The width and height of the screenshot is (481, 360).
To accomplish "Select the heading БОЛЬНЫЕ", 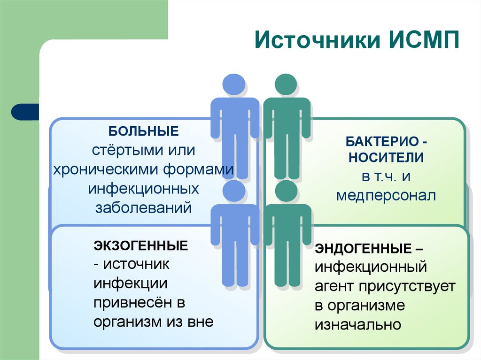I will click(x=144, y=130).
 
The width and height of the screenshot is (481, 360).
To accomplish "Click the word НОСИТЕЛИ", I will click(x=386, y=158).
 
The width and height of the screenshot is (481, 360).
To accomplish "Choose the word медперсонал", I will click(x=386, y=195).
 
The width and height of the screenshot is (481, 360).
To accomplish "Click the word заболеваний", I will click(x=144, y=207).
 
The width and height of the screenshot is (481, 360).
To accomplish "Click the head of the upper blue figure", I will click(x=234, y=84).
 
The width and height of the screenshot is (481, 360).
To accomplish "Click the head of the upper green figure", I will click(x=286, y=84).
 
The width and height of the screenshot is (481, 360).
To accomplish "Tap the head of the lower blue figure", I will click(x=234, y=191).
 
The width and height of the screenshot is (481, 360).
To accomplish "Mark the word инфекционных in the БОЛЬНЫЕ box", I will click(x=144, y=188).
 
